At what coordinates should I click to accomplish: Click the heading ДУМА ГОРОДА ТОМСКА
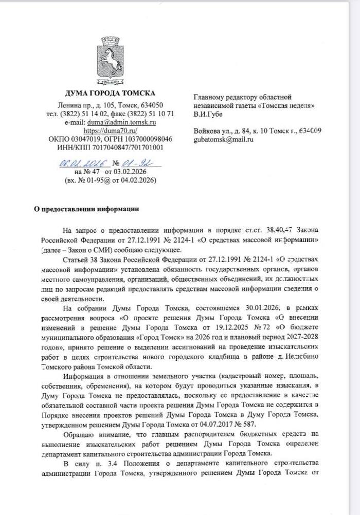tap(110, 93)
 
